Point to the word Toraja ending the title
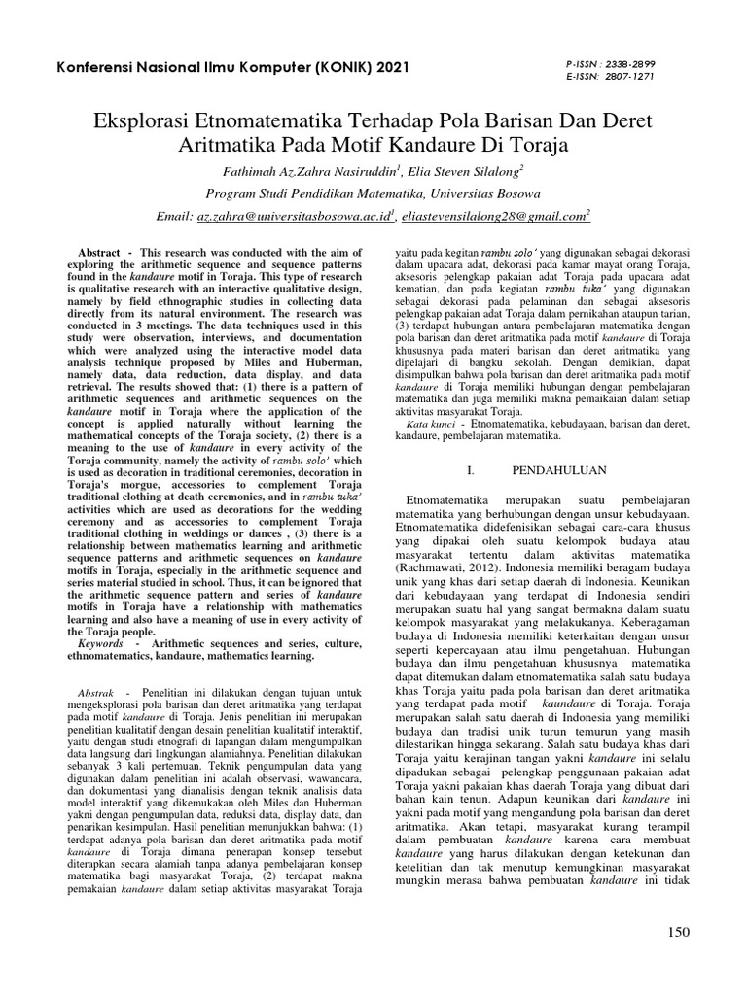[571, 146]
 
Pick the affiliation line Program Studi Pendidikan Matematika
[373, 193]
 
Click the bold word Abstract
[99, 253]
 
